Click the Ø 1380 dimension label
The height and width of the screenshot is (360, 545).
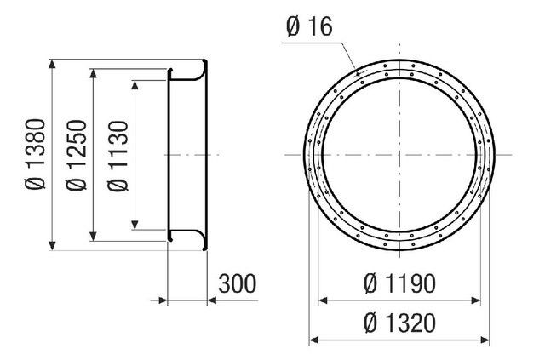tap(36, 154)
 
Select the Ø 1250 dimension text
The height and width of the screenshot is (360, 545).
tap(77, 155)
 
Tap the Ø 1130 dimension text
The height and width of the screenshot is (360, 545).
tap(118, 156)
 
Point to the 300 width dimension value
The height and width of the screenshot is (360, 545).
tap(238, 283)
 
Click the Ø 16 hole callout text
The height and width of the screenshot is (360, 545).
tap(309, 26)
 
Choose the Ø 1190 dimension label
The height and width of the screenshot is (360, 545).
tap(399, 283)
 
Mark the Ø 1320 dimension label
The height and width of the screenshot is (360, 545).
tap(399, 323)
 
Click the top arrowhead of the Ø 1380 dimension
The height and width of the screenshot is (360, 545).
tap(52, 64)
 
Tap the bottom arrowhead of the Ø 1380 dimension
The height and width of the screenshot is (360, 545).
tap(52, 245)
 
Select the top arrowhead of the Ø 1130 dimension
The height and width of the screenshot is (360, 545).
tap(135, 85)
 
